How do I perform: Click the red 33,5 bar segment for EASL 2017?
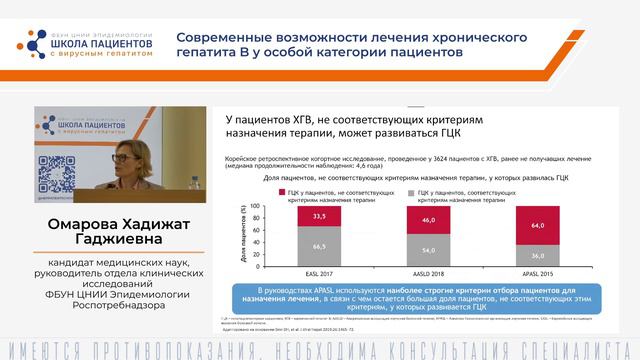click(319, 214)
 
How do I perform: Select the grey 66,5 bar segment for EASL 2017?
click(319, 246)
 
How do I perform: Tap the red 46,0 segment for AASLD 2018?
click(429, 219)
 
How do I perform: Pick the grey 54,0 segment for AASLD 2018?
click(429, 250)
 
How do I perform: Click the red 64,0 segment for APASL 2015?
click(538, 226)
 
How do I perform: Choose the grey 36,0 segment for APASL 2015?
click(538, 255)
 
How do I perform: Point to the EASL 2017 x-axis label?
click(319, 271)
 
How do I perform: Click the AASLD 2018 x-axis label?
click(429, 271)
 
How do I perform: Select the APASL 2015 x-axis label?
click(538, 271)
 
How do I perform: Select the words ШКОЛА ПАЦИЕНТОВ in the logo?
click(95, 44)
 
